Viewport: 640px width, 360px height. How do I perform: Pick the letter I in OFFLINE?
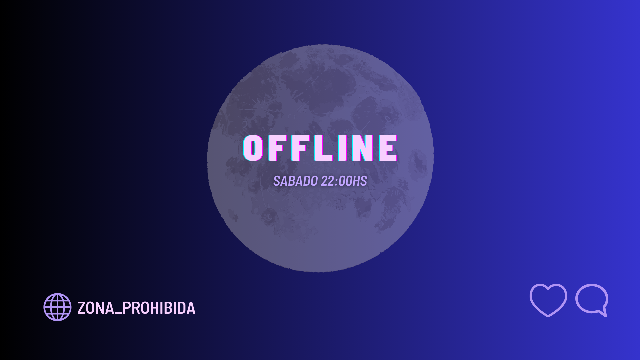point(342,148)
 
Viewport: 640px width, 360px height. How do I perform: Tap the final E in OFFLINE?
point(388,148)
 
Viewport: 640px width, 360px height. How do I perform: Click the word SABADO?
point(295,181)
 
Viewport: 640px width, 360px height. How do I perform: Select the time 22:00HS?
point(344,181)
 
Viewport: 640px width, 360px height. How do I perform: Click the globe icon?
point(57,307)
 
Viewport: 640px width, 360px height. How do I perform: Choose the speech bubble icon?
point(592,300)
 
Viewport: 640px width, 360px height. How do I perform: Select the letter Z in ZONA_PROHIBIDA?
point(81,308)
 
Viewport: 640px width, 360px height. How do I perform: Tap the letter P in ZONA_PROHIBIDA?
point(127,308)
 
